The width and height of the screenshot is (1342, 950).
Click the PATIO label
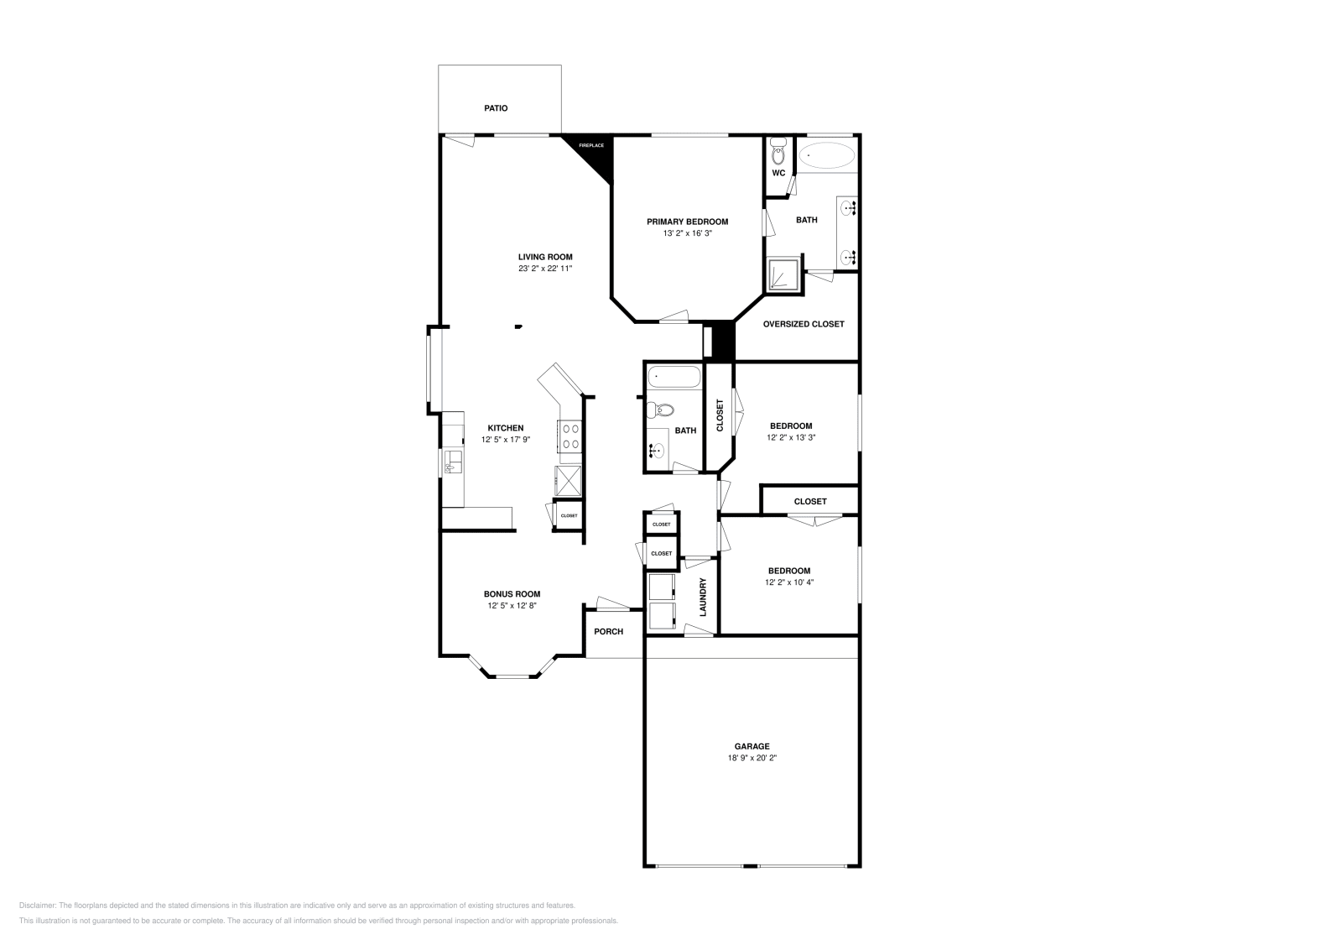point(496,108)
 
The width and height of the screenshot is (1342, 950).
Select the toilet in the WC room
point(778,154)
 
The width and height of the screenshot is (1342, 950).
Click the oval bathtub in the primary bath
point(826,155)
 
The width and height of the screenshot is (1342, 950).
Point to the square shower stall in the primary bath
point(783,275)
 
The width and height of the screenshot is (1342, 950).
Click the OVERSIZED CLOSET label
point(803,324)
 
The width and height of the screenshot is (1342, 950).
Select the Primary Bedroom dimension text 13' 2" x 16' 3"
point(687,233)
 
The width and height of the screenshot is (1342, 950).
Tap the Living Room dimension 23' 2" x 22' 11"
point(544,269)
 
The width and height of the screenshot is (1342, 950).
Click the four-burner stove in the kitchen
point(570,436)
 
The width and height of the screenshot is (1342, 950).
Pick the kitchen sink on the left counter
point(453,461)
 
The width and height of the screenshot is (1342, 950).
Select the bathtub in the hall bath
point(674,377)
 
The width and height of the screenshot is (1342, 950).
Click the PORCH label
point(608,631)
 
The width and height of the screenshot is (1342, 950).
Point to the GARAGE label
point(752,746)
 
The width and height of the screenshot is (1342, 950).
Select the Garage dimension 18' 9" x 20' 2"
point(752,758)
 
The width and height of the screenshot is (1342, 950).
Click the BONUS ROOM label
point(512,593)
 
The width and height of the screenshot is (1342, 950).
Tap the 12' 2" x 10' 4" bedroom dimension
point(788,582)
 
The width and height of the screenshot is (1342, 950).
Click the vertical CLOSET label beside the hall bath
point(720,415)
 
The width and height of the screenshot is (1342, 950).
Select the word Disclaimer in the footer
point(36,906)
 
